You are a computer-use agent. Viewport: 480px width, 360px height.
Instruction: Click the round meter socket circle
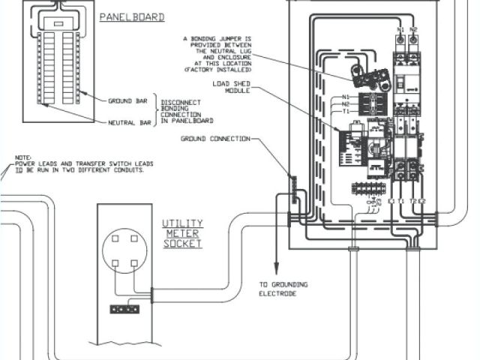click(x=121, y=251)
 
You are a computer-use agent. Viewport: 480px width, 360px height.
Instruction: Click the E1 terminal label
click(x=390, y=201)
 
